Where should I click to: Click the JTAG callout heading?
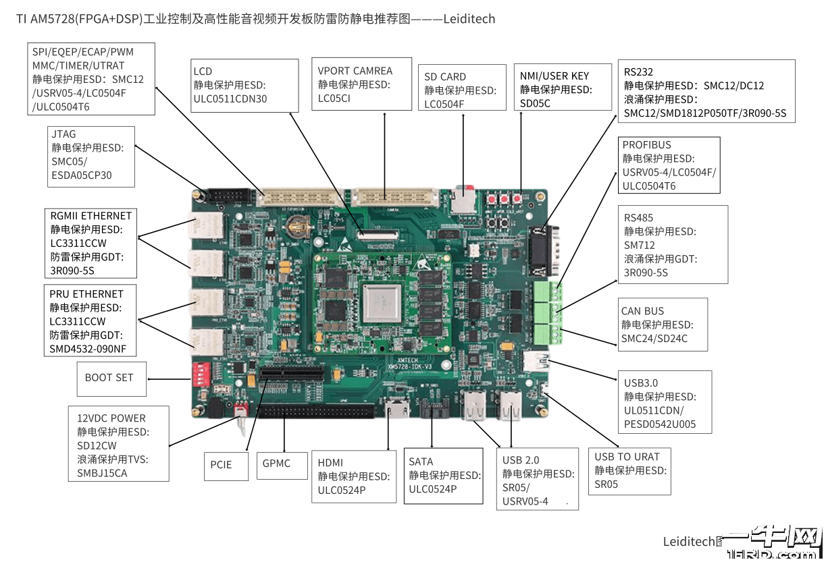click(x=63, y=134)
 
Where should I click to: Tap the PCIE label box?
click(x=221, y=465)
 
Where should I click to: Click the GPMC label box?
click(x=276, y=463)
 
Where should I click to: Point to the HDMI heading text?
click(x=330, y=463)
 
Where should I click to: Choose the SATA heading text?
click(x=421, y=462)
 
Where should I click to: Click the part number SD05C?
click(x=535, y=103)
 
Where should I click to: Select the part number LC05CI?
click(x=334, y=99)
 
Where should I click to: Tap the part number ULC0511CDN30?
click(x=230, y=99)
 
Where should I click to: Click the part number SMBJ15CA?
click(x=102, y=473)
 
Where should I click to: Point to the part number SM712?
click(x=639, y=246)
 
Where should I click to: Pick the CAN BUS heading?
click(x=642, y=311)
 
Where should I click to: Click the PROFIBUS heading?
click(x=646, y=145)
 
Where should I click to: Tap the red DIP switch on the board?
click(x=201, y=371)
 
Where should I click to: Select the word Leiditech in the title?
click(x=469, y=19)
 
